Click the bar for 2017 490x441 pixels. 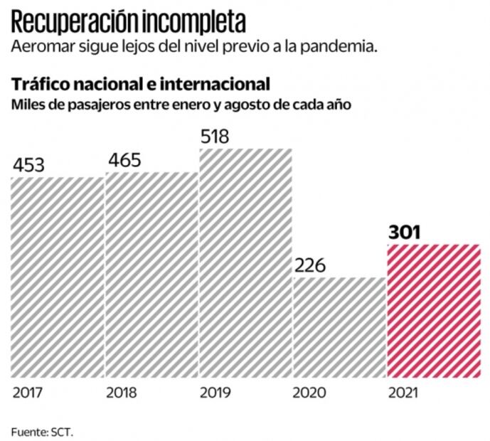click(58, 277)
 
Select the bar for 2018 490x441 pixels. click(151, 274)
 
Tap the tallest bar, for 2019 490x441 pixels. click(245, 262)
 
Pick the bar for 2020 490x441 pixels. click(339, 327)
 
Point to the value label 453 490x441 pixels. click(28, 165)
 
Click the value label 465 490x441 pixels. click(124, 159)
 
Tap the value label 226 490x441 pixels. click(309, 266)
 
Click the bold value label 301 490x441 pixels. click(405, 232)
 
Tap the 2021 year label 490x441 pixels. click(402, 391)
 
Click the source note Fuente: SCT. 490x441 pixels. click(43, 430)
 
